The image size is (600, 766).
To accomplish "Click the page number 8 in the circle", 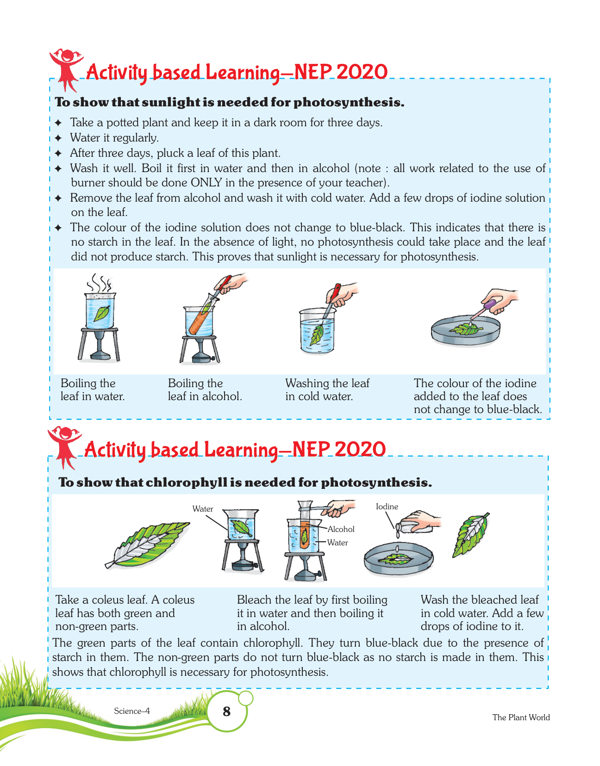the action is coord(226,711).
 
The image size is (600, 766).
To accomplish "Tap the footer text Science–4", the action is coord(131,710).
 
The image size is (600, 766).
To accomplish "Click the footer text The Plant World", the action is coord(521,717).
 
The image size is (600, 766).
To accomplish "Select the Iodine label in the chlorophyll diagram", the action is coord(387,507).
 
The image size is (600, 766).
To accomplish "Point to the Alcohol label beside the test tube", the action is coord(341,529).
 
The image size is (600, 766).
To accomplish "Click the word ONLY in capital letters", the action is coord(206,183).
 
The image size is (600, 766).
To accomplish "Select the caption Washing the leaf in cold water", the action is coord(327,389).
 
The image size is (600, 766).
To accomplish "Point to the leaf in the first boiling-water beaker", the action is coord(101,313).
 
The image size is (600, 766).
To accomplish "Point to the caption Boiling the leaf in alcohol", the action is coord(205,389).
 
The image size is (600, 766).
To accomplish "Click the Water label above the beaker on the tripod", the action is coord(202,509).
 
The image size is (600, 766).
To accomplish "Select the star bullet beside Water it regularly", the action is coord(58,138).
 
